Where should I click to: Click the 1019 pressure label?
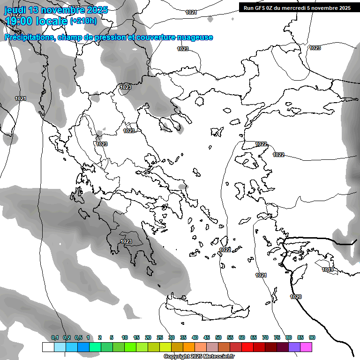[328, 270]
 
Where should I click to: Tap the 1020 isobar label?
[296, 297]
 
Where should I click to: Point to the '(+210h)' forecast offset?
[83, 21]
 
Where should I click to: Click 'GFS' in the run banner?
[262, 8]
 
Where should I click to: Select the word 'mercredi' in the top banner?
[292, 8]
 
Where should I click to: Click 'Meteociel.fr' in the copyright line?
[218, 357]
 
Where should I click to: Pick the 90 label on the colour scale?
[312, 337]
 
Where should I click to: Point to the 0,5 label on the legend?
[78, 337]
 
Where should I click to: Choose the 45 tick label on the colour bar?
[207, 337]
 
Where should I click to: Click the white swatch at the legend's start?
[48, 347]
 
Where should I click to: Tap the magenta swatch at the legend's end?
[306, 347]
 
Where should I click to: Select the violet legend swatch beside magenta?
[294, 347]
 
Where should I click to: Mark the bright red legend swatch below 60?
[247, 347]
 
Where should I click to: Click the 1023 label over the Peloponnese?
[126, 241]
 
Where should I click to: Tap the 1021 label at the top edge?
[191, 12]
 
